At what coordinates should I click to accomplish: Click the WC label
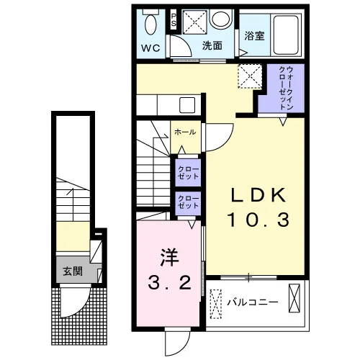(150, 48)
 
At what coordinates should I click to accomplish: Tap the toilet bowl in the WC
(151, 25)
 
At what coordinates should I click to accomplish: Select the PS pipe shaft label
(174, 20)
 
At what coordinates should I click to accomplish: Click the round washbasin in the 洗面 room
(220, 18)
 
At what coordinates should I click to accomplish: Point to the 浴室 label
(254, 36)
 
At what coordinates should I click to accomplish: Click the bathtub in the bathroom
(287, 35)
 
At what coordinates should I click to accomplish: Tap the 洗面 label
(212, 45)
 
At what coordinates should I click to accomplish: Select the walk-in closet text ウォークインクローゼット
(286, 88)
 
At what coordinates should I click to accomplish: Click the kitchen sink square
(187, 105)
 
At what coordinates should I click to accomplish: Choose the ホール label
(185, 132)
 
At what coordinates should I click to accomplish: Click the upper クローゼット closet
(188, 173)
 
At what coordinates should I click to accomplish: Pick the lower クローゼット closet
(188, 203)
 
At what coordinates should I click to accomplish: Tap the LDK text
(259, 194)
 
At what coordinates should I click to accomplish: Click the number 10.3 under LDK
(258, 220)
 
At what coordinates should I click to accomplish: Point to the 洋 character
(169, 258)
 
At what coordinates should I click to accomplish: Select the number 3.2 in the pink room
(169, 282)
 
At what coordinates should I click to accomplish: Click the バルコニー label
(253, 302)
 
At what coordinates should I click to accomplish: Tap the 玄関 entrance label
(73, 271)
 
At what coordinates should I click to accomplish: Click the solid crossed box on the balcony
(294, 298)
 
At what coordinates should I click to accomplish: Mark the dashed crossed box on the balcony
(216, 304)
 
